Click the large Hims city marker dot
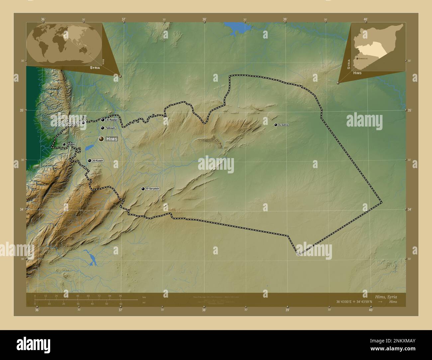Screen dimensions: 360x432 pyautogui.click(x=101, y=139)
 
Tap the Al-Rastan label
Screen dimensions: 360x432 pyautogui.click(x=112, y=120)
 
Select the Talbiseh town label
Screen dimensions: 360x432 pyautogui.click(x=110, y=128)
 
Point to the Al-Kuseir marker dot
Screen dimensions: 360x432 pyautogui.click(x=89, y=161)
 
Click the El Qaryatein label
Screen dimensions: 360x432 pyautogui.click(x=153, y=189)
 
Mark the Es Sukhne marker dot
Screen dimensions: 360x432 pyautogui.click(x=275, y=125)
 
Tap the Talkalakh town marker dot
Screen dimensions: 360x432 pyautogui.click(x=64, y=144)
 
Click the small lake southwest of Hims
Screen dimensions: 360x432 pyautogui.click(x=89, y=147)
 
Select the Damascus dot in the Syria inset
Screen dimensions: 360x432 pyautogui.click(x=357, y=58)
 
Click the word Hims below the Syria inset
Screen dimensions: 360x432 pyautogui.click(x=358, y=73)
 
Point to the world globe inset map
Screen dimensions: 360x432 pyautogui.click(x=64, y=45)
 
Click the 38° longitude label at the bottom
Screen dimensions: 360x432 pyautogui.click(x=204, y=310)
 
